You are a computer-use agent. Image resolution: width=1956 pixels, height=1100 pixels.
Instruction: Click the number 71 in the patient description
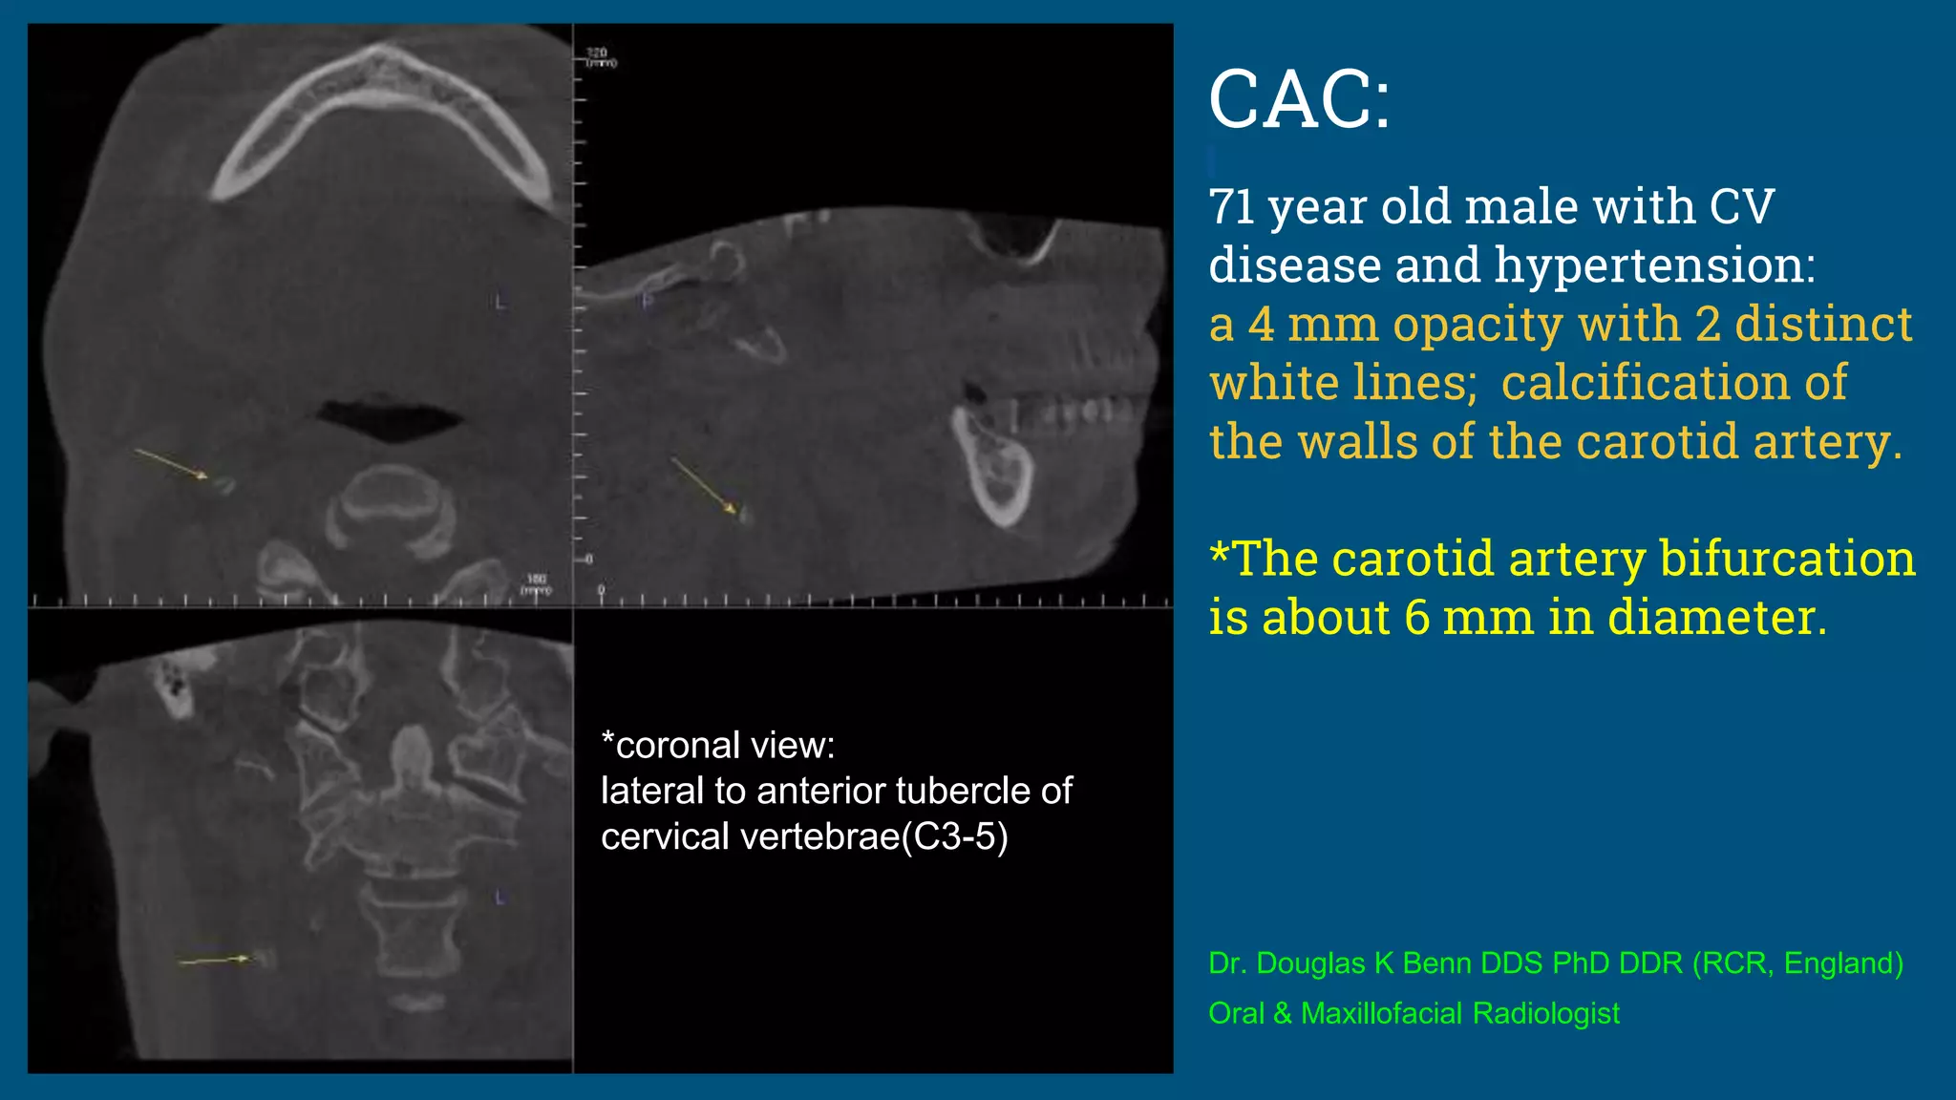1231,206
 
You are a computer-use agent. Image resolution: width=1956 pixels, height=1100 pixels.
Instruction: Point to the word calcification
1673,383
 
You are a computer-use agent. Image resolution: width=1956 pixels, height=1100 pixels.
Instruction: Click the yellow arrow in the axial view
172,463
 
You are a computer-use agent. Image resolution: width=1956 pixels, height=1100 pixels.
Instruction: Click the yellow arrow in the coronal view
216,959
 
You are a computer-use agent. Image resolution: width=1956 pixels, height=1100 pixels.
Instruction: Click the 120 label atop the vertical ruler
598,53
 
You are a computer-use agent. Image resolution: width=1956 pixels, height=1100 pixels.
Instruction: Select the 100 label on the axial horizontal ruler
537,579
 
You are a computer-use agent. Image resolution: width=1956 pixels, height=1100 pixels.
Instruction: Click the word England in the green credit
1838,963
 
